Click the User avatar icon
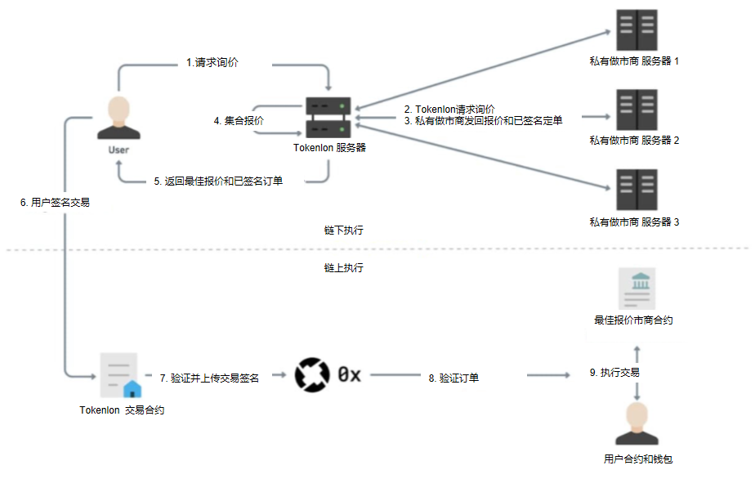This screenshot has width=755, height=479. point(118,119)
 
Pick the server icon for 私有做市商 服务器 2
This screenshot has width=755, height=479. point(637,110)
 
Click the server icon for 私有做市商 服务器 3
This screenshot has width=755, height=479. point(637,190)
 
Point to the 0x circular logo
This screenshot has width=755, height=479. point(311,374)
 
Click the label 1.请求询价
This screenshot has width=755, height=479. point(212,62)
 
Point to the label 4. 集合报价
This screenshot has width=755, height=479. point(239,121)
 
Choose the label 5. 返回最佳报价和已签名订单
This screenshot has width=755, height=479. point(218,181)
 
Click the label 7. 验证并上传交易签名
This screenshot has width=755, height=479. point(210,378)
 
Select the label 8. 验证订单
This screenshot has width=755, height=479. point(453,378)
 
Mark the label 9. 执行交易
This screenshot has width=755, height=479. point(614,373)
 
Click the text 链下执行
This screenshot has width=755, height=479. point(343,231)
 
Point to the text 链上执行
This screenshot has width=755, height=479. point(343,267)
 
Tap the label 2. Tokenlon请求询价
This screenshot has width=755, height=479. point(449,109)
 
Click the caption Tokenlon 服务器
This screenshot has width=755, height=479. point(329,149)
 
